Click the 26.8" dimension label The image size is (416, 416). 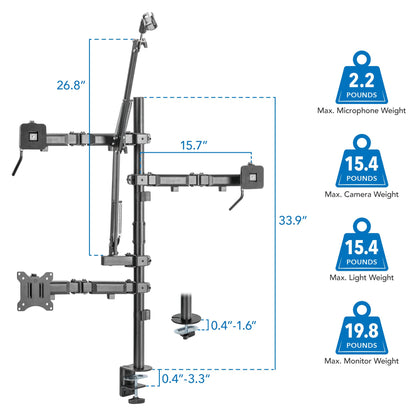tap(71, 85)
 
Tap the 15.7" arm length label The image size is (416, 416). tap(194, 145)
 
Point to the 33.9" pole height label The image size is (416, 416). tap(293, 220)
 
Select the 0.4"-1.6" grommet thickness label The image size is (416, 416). tap(234, 325)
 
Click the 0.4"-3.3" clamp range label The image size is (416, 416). tap(186, 379)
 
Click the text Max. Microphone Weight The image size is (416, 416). tap(362, 110)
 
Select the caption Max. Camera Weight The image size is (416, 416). tap(362, 194)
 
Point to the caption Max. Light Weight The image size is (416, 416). tap(362, 277)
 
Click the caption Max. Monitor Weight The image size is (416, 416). tap(362, 361)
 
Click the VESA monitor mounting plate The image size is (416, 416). tap(35, 291)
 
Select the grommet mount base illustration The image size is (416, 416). tap(186, 316)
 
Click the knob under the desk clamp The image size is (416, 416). tap(137, 399)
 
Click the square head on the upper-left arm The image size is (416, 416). tap(33, 136)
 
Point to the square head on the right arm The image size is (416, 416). tap(252, 177)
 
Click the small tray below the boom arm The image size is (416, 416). tap(118, 260)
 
